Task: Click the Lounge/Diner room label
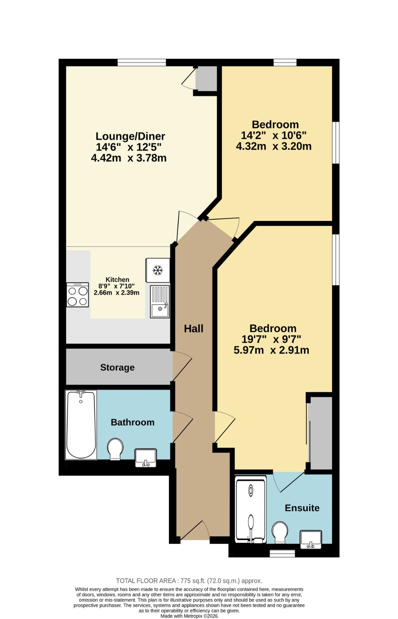130,136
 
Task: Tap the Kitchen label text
117,279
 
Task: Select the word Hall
194,328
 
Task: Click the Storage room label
117,368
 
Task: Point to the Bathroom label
133,422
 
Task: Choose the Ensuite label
302,508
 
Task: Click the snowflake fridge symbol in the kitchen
158,270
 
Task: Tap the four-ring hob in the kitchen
78,295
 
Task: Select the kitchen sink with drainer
160,302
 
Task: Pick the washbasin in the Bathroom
145,458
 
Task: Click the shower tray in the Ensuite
251,510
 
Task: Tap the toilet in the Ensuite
280,532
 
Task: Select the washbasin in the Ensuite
311,539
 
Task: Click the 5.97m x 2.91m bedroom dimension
271,350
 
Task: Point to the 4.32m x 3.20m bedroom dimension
274,146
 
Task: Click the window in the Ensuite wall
282,553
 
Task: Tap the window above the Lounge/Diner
141,62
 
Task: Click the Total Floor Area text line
189,581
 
